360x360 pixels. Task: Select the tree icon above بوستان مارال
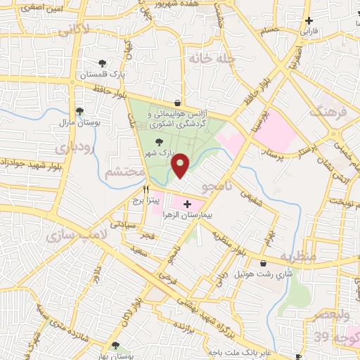tap(79, 110)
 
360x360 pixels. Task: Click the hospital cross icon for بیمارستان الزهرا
tap(187, 205)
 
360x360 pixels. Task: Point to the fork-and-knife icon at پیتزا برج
tap(146, 189)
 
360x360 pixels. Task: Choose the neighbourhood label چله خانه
tap(210, 58)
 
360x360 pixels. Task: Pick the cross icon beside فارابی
tap(308, 21)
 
